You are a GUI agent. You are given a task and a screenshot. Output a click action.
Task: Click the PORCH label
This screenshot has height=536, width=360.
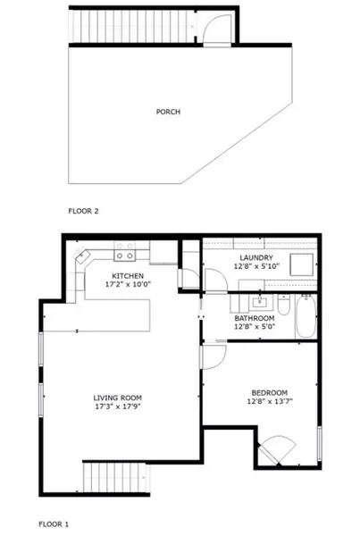[x=168, y=112]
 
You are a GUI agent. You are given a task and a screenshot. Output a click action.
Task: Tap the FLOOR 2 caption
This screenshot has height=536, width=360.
[x=83, y=212]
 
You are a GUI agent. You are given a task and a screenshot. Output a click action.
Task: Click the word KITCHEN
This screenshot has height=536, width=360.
[x=128, y=276]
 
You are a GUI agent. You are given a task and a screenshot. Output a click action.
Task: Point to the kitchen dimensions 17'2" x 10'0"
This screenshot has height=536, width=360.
[x=128, y=286]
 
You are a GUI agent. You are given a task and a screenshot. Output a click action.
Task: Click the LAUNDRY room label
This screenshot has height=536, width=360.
[x=255, y=257]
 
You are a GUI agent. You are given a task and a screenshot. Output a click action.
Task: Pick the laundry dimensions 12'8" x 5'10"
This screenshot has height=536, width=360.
[x=255, y=266]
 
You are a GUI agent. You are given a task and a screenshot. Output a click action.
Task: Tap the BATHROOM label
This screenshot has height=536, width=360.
[x=255, y=318]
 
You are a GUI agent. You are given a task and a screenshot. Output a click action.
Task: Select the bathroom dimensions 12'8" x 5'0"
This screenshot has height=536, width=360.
[x=255, y=327]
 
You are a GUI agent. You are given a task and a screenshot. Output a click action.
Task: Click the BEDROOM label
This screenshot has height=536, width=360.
[x=268, y=393]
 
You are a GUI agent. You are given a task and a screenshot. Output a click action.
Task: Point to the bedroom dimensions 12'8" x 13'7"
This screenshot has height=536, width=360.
[x=268, y=403]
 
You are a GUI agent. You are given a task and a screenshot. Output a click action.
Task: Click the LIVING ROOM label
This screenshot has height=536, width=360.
[x=118, y=398]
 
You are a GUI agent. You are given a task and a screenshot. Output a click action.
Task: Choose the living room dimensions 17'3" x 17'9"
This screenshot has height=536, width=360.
[x=118, y=407]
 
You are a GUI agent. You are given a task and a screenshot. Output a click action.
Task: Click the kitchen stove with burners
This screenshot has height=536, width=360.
[x=124, y=252]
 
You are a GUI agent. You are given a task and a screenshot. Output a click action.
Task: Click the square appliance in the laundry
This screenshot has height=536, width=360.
[x=298, y=264]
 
